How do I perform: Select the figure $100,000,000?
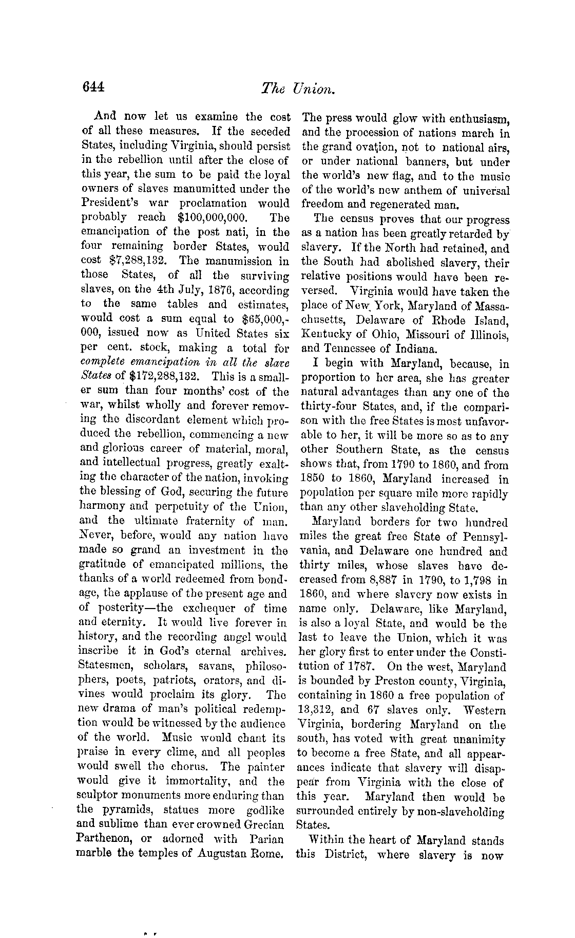(209, 217)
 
